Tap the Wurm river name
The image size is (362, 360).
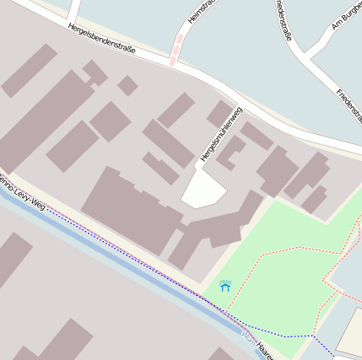[248, 340]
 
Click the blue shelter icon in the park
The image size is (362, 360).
[225, 286]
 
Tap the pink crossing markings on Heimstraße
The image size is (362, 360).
[176, 49]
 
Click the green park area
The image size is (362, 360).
[278, 278]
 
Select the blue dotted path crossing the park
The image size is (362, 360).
[278, 335]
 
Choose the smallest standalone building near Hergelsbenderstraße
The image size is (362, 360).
[127, 85]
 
